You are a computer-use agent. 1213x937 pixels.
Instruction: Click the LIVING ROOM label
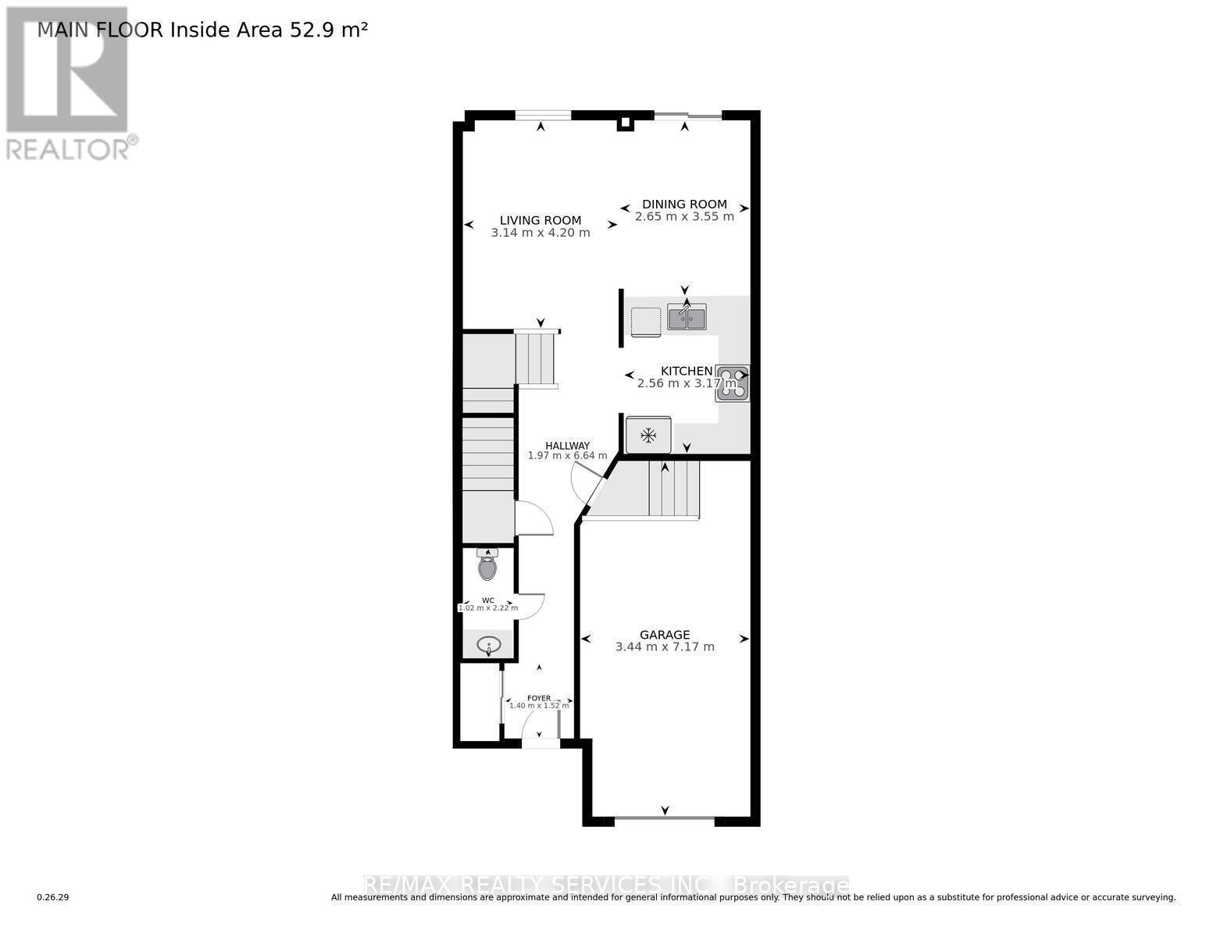540,221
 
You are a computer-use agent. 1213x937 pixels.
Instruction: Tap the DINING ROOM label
684,205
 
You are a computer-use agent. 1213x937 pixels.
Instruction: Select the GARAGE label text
665,635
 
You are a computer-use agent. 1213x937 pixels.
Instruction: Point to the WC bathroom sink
489,646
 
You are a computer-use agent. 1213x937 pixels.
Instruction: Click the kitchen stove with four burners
733,383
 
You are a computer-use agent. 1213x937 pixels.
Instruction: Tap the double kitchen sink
687,318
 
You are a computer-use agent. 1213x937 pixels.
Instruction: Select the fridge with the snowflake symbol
648,435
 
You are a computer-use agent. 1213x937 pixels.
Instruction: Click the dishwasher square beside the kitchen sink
645,321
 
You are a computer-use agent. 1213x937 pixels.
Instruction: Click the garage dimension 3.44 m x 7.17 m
665,647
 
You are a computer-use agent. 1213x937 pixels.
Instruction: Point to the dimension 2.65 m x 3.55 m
684,216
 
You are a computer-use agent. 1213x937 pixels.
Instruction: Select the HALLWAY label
567,446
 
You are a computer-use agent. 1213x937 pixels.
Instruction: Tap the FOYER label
539,698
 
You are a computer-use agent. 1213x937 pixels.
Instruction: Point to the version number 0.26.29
53,898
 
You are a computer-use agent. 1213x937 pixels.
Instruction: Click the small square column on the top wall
625,123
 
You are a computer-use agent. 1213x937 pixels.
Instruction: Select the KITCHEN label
687,371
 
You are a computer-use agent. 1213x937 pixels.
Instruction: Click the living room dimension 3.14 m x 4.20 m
540,233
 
